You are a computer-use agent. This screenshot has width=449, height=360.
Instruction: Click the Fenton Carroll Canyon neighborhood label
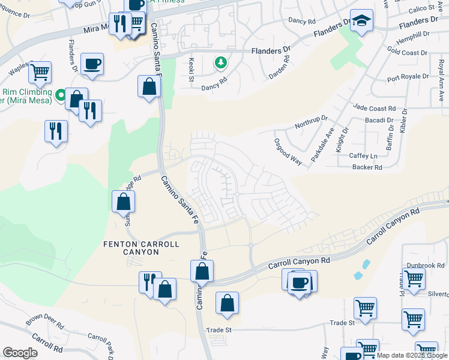click(x=131, y=248)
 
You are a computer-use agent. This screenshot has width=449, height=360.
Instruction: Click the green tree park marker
click(x=221, y=62)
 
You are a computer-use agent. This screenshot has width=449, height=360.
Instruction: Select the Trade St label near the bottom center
click(x=219, y=329)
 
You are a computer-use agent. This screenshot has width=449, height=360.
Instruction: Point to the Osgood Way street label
click(x=288, y=149)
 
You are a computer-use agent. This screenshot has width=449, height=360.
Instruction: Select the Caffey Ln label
click(x=363, y=155)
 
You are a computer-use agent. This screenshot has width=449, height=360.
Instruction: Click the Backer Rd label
click(x=367, y=167)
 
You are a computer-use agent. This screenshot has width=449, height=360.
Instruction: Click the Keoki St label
click(x=191, y=70)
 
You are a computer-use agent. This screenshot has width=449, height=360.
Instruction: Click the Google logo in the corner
click(x=20, y=352)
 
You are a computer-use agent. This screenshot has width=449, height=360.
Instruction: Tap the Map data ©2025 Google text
click(x=411, y=355)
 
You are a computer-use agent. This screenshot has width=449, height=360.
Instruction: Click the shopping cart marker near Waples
click(x=40, y=73)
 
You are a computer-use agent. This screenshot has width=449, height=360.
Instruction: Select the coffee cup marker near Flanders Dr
click(x=92, y=64)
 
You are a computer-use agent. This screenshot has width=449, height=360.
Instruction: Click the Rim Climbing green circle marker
click(x=60, y=95)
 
